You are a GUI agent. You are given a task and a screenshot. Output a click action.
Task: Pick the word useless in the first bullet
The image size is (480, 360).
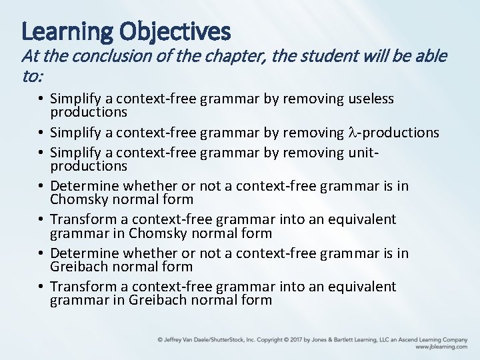click(x=371, y=99)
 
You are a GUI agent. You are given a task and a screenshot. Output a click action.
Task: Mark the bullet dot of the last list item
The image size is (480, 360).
click(x=42, y=287)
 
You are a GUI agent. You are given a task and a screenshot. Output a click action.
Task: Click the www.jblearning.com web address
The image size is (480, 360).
click(x=441, y=347)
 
